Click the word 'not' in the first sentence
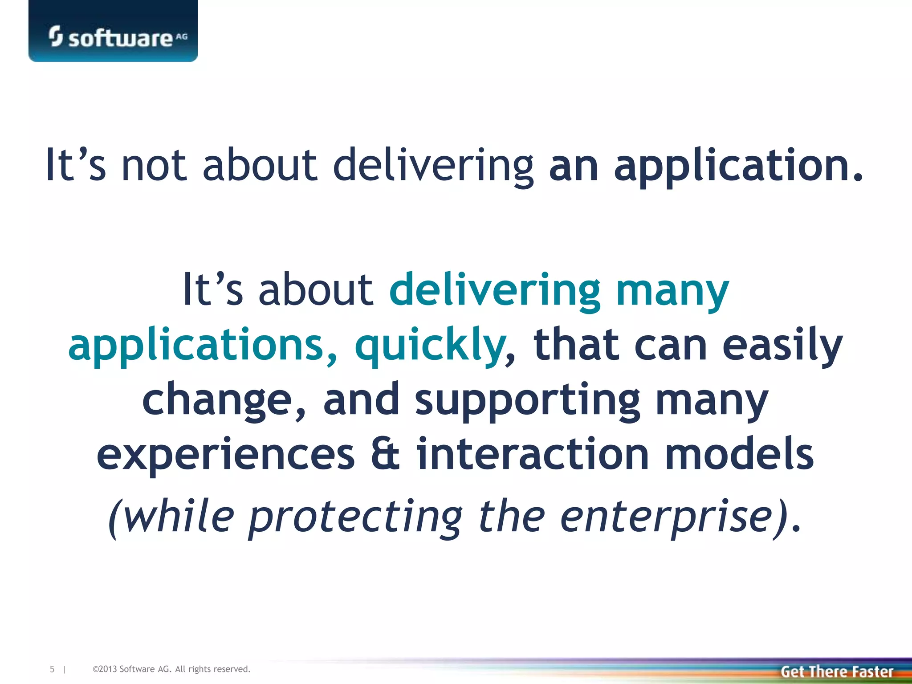154,166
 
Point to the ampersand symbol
385,454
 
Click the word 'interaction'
533,454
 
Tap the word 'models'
739,454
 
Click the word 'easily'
782,346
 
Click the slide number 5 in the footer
52,669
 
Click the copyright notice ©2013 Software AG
171,669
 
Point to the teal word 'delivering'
495,291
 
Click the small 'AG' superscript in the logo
182,37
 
